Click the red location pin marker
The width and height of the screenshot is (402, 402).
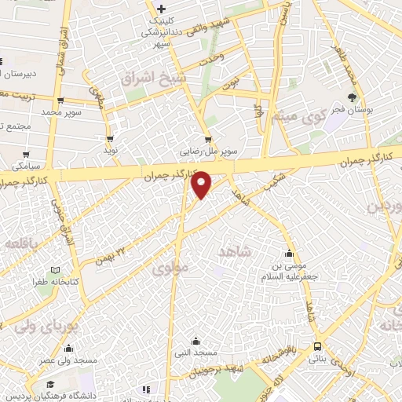(x=203, y=184)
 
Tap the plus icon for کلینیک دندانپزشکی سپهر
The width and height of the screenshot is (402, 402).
(x=161, y=9)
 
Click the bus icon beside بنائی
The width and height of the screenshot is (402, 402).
(x=316, y=346)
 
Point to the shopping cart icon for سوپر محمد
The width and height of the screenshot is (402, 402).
(x=60, y=100)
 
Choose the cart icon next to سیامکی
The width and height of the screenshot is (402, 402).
(x=27, y=155)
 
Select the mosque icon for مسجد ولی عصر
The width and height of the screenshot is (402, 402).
(x=69, y=349)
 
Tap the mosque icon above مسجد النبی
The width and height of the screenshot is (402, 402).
(x=196, y=342)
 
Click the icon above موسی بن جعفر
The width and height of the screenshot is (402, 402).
(x=290, y=254)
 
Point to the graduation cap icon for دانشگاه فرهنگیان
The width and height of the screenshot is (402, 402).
(x=49, y=385)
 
